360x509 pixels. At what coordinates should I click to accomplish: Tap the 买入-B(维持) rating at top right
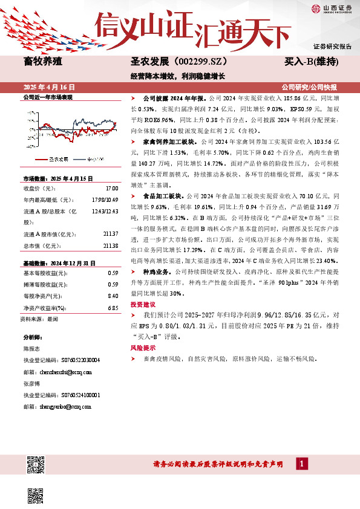click(311, 62)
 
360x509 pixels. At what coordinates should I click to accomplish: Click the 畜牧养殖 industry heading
click(42, 61)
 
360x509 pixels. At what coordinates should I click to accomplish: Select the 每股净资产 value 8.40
click(112, 296)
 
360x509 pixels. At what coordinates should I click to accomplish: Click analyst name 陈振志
click(32, 349)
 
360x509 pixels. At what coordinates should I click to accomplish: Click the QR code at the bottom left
click(36, 465)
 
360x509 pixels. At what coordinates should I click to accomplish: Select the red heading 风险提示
click(142, 348)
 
